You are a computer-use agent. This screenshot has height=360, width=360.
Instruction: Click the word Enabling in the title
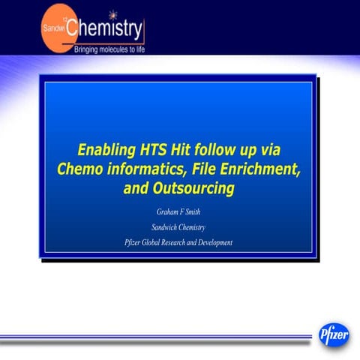click(108, 149)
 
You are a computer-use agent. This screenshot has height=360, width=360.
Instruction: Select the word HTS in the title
click(157, 149)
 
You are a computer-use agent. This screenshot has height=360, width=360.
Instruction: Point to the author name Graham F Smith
click(178, 212)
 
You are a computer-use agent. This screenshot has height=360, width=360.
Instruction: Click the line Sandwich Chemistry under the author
click(178, 227)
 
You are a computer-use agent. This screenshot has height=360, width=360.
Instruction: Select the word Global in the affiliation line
click(153, 242)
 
